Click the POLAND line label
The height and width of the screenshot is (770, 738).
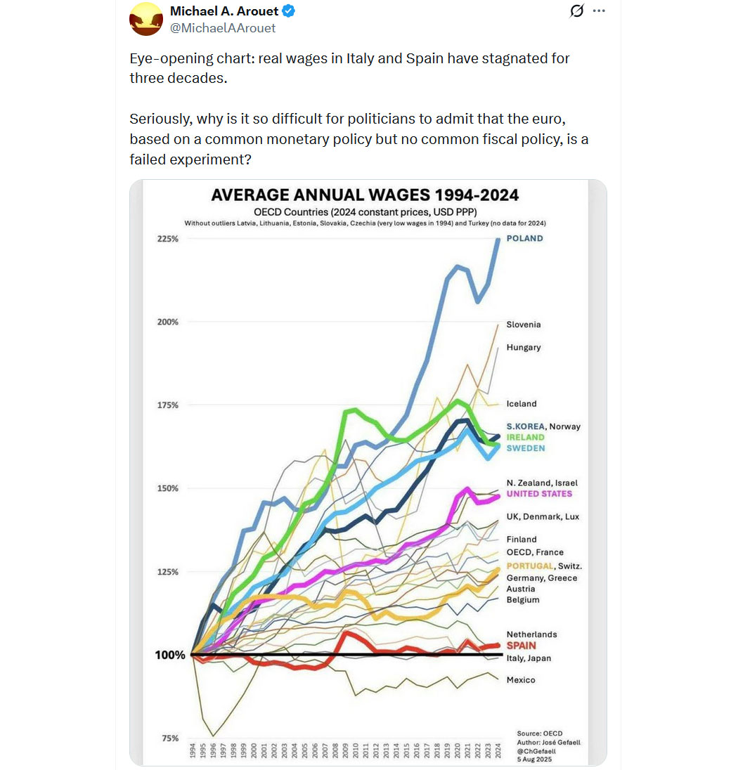(524, 238)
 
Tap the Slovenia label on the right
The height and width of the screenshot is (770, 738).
(523, 325)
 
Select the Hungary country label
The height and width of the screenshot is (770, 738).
(523, 347)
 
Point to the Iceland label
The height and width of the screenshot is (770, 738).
(521, 404)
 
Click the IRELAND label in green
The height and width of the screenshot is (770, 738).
(525, 437)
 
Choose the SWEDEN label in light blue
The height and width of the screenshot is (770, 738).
(525, 448)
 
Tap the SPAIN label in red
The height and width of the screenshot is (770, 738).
(521, 646)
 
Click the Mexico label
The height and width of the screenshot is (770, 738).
(520, 680)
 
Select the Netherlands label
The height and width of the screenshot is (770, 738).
(531, 634)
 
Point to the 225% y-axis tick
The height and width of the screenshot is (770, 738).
(167, 239)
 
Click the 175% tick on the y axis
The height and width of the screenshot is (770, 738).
(167, 405)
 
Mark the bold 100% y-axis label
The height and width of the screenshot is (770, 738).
(169, 655)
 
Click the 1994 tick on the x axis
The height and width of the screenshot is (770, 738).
(193, 751)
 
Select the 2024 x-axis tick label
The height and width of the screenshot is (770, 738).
(498, 751)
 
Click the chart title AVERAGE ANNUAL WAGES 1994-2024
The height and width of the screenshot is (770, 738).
(365, 195)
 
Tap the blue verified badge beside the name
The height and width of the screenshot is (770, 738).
(289, 12)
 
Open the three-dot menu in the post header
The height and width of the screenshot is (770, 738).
(599, 11)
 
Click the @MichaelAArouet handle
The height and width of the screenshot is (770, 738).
(223, 28)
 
